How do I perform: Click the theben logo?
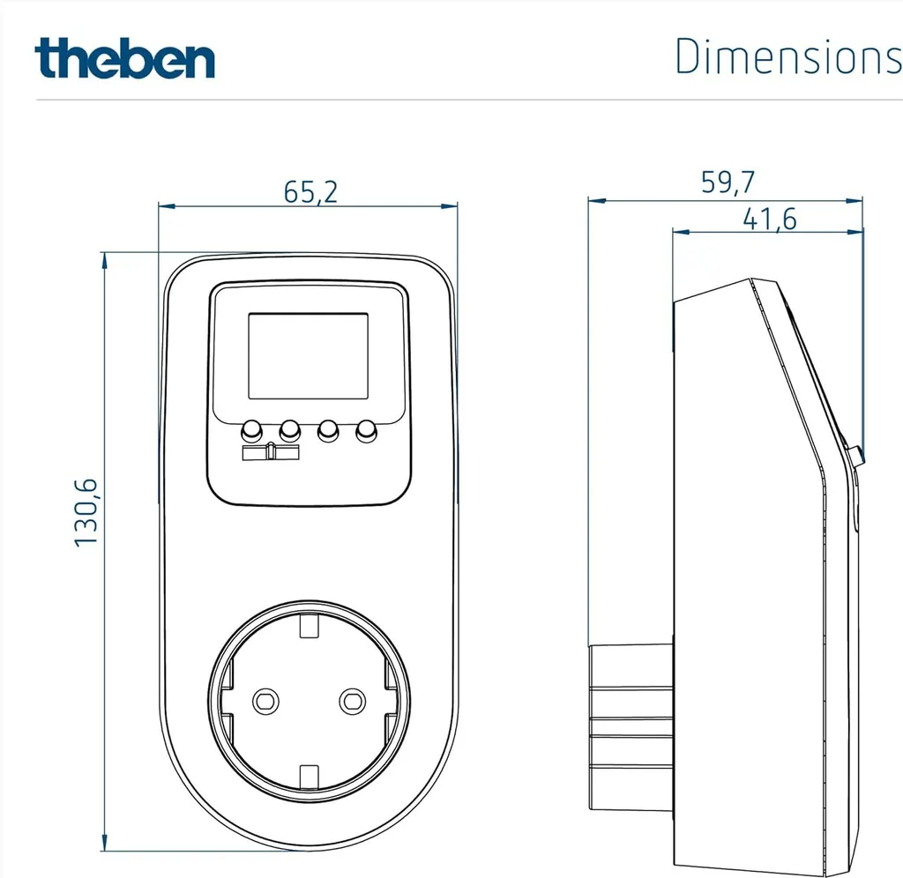pos(124,57)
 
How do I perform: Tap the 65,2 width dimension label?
pos(310,192)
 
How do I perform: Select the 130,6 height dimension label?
pos(86,512)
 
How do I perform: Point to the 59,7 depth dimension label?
pos(728,182)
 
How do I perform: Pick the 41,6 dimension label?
pos(769,219)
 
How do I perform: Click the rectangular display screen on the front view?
pos(308,356)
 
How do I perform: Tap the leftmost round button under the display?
pos(251,430)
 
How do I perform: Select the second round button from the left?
pos(289,430)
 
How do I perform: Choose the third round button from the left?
pos(328,430)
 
